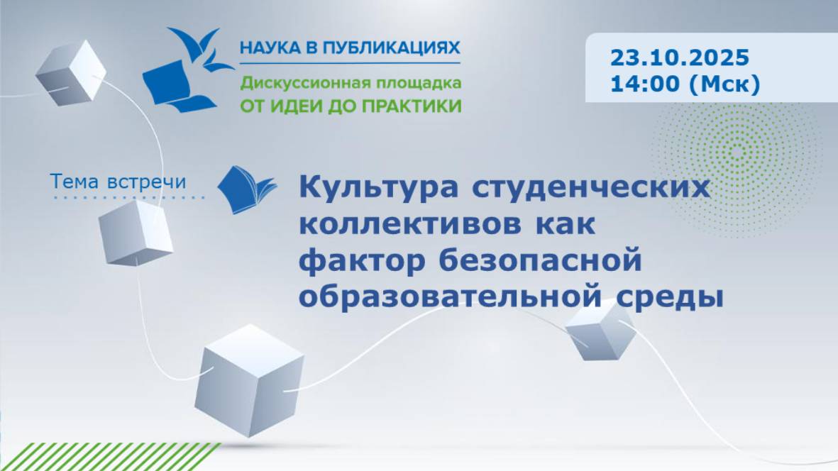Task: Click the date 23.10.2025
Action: point(679,57)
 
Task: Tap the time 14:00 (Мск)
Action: point(685,84)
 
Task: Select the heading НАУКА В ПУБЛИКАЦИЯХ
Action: point(350,48)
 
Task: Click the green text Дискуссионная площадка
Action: point(351,83)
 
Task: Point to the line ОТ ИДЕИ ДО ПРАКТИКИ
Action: point(351,106)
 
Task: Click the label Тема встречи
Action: point(118,182)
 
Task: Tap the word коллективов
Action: point(410,223)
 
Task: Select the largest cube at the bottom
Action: point(249,379)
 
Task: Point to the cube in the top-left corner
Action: point(70,73)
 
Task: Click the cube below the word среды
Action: point(600,331)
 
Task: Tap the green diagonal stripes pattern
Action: point(109,457)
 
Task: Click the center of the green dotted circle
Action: point(737,153)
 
